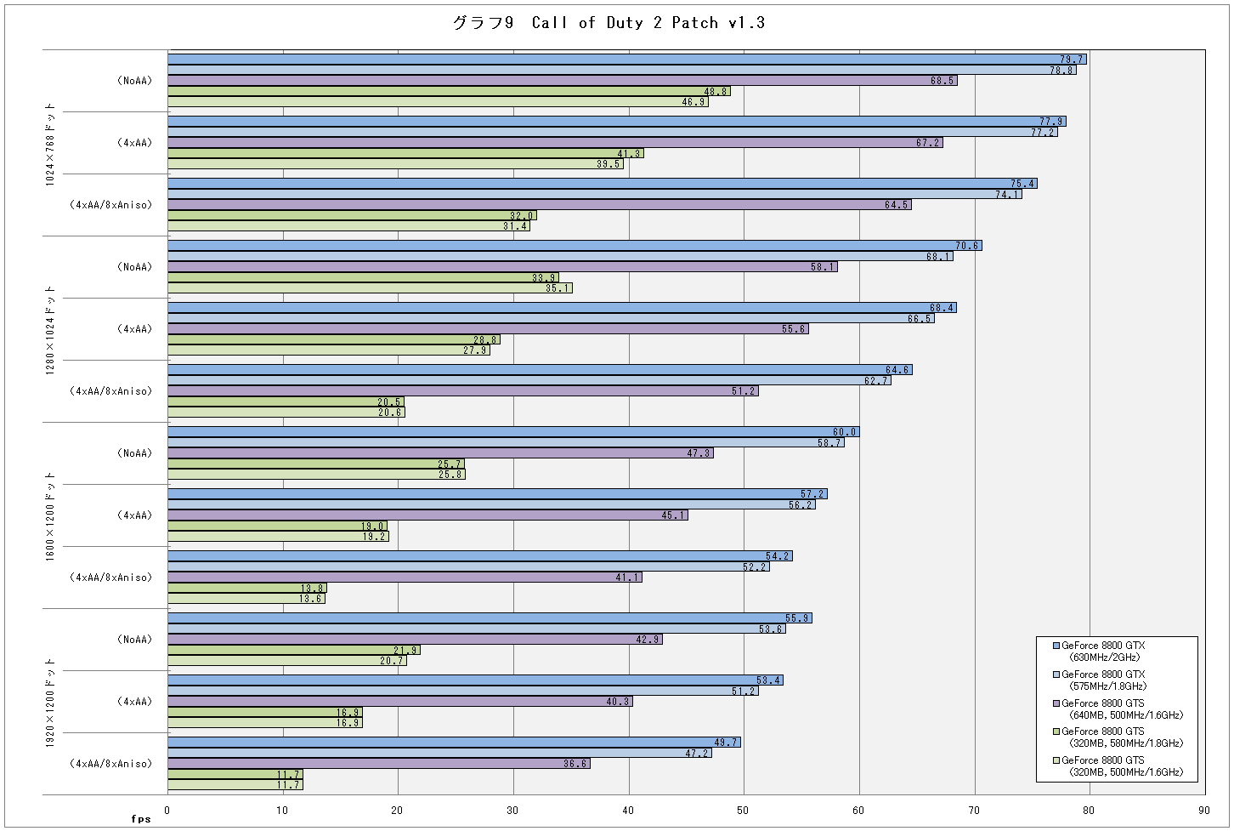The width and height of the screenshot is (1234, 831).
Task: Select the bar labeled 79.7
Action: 627,59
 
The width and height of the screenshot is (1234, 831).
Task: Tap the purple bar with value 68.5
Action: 563,81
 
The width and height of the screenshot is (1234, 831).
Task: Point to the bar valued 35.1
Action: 371,287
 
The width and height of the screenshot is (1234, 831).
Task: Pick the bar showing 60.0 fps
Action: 513,432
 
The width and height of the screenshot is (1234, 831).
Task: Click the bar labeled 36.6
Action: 379,763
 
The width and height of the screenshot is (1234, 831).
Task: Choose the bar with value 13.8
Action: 247,588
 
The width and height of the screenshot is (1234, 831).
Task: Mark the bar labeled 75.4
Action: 603,183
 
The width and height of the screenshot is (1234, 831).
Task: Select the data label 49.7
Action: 726,743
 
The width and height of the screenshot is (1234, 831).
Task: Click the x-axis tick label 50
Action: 743,810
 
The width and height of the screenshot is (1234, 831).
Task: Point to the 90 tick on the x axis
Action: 1204,810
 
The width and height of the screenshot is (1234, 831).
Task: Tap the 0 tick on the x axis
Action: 167,810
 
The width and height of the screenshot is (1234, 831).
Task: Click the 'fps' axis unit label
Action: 141,819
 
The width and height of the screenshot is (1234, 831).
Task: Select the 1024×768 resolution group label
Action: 50,144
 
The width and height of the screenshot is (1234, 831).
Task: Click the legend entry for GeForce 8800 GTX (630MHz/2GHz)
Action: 1103,652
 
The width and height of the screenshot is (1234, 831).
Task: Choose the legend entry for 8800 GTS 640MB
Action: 1118,709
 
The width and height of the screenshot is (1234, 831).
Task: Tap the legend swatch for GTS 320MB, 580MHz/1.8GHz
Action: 1056,731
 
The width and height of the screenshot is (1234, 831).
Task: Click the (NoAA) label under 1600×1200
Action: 134,452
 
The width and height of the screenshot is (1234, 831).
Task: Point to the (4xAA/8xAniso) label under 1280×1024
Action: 110,391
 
